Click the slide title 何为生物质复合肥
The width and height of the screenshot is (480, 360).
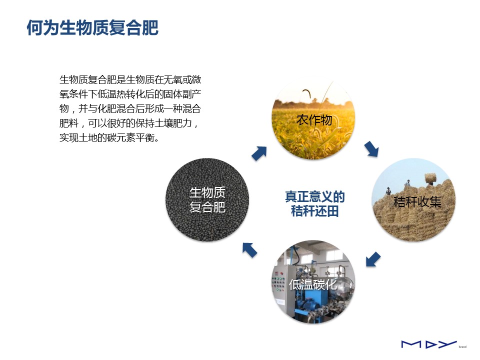[x=92, y=28]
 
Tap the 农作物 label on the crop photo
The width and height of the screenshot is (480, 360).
[x=314, y=120]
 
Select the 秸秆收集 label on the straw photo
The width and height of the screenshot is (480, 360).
[x=417, y=201]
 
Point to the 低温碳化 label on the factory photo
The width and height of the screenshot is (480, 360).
[x=313, y=284]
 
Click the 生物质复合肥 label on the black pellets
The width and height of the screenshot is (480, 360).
[x=207, y=200]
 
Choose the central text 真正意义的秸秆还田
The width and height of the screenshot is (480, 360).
[x=314, y=204]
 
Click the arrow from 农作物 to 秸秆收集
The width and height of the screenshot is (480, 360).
[x=371, y=149]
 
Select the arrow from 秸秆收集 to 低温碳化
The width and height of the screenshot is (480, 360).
[x=373, y=259]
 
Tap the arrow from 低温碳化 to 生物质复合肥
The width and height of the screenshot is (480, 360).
[x=250, y=250]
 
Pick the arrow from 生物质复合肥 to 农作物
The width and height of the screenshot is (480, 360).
[x=259, y=153]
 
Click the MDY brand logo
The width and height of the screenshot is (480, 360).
[x=429, y=344]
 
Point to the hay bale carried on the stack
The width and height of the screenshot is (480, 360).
[x=430, y=177]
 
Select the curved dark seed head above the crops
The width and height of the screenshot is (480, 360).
[x=307, y=93]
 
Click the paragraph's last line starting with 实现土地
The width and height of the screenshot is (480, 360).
[x=109, y=138]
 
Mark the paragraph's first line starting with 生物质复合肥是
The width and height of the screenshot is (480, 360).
[x=130, y=79]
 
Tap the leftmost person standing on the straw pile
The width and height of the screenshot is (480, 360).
[x=388, y=191]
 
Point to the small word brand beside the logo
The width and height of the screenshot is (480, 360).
[x=462, y=347]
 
